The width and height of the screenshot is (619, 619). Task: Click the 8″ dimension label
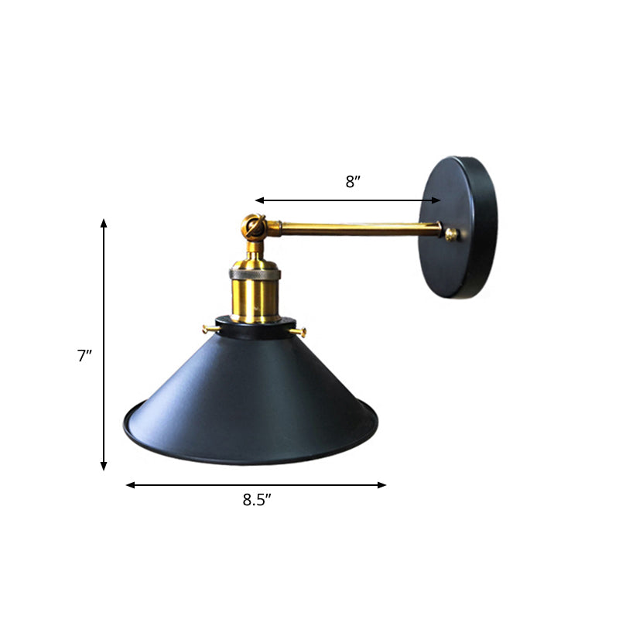(353, 183)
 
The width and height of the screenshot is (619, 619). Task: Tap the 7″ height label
(84, 356)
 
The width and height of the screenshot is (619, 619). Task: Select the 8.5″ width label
(257, 500)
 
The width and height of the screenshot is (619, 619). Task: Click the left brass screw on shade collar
(207, 329)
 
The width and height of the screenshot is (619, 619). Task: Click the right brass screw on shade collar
(302, 333)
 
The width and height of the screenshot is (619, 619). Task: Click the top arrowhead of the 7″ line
(104, 223)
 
